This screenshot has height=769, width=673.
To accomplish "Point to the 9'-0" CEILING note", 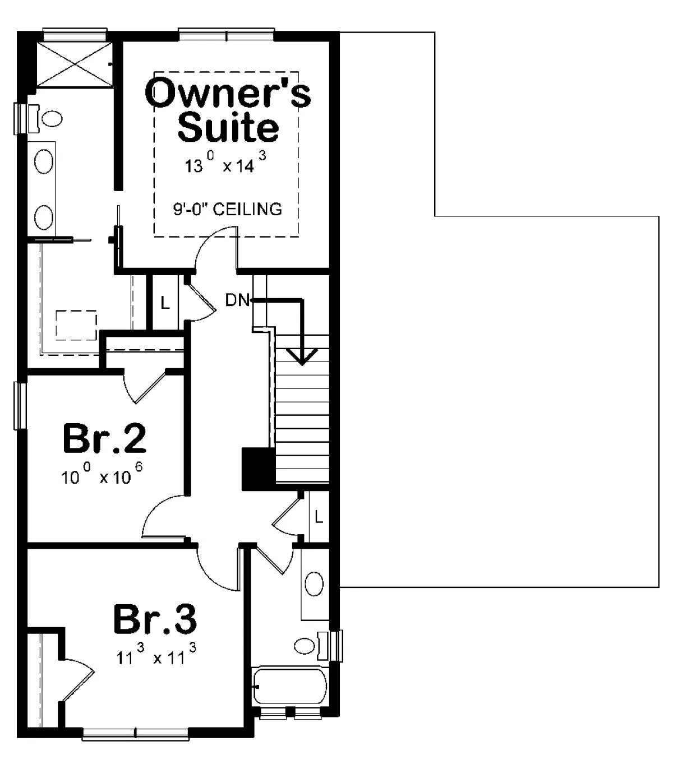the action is (x=228, y=209).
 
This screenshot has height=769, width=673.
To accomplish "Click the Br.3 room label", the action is (x=155, y=618).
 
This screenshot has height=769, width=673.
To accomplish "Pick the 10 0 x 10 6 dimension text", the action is (x=102, y=474).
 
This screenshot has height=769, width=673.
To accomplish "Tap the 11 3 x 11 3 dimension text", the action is (x=156, y=654).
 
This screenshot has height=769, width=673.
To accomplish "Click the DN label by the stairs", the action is (x=237, y=300).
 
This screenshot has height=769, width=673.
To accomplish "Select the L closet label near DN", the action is (x=165, y=303).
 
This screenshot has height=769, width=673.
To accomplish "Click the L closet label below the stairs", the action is (x=319, y=518).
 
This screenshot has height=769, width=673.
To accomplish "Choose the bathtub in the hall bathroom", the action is (x=290, y=685).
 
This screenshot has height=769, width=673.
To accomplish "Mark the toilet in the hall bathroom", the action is (x=311, y=646).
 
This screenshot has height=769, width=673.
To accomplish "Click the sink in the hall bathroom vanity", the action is (x=314, y=584).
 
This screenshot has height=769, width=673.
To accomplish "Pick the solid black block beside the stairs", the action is (x=259, y=469).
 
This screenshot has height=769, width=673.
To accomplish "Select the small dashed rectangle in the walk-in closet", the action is (x=76, y=325).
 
